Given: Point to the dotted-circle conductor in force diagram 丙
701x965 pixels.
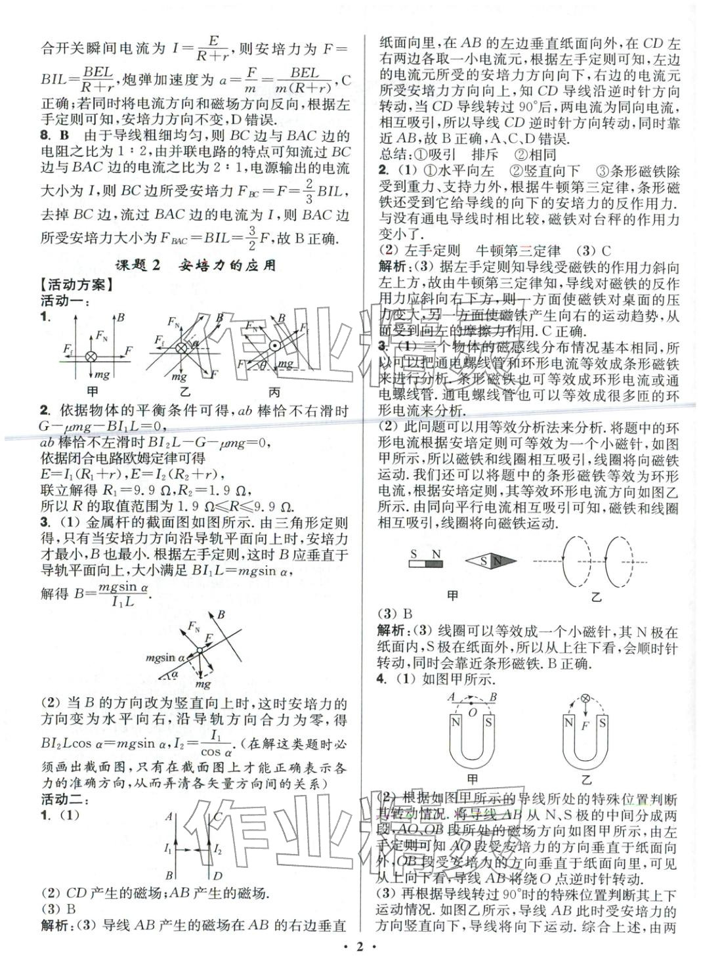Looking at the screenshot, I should tap(275, 345).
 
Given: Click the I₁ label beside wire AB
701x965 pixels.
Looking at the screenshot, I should tap(169, 849).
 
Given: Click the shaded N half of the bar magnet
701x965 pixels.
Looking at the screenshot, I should tap(435, 563).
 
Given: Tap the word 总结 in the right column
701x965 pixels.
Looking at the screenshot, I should tap(394, 156).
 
